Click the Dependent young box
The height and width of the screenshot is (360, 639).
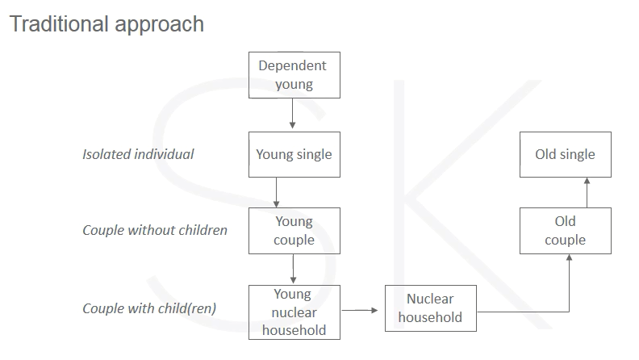(294, 75)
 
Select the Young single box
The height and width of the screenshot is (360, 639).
(294, 154)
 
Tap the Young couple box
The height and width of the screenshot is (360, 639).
(294, 231)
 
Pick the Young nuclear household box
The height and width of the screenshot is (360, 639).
(294, 312)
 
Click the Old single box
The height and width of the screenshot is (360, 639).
(566, 154)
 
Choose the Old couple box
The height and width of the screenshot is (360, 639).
(566, 231)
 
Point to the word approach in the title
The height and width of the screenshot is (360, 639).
(159, 25)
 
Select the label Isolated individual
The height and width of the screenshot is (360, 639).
(138, 154)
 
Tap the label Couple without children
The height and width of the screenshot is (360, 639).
(155, 230)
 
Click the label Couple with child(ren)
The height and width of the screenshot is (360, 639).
(149, 308)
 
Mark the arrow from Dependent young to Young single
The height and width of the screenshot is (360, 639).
(292, 113)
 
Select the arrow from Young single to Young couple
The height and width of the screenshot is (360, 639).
(276, 192)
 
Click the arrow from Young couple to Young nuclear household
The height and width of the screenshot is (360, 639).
(293, 269)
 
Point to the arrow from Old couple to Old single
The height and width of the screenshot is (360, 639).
(587, 192)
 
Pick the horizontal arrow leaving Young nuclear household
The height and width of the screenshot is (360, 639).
(360, 310)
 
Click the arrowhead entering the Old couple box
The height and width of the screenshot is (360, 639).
(570, 257)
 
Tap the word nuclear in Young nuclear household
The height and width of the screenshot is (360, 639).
(294, 312)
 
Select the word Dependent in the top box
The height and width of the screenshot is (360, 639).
(293, 65)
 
